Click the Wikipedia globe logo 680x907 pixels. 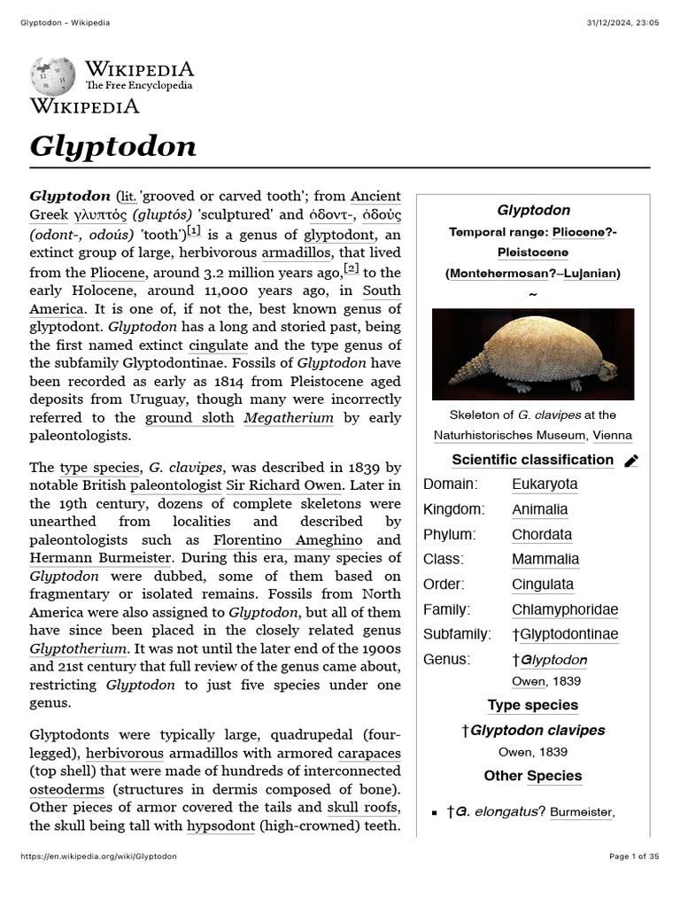(53, 76)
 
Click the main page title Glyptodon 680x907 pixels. (113, 146)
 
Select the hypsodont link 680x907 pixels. (221, 826)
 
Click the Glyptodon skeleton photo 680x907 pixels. (532, 354)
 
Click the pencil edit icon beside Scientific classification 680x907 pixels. (631, 461)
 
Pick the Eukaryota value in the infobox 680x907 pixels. (545, 485)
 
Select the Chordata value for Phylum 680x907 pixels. (542, 535)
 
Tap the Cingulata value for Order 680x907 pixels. (543, 585)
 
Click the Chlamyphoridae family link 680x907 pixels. (565, 609)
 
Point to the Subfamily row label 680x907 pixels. (457, 634)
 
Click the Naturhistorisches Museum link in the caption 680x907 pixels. (509, 435)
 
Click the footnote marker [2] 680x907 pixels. (352, 268)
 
